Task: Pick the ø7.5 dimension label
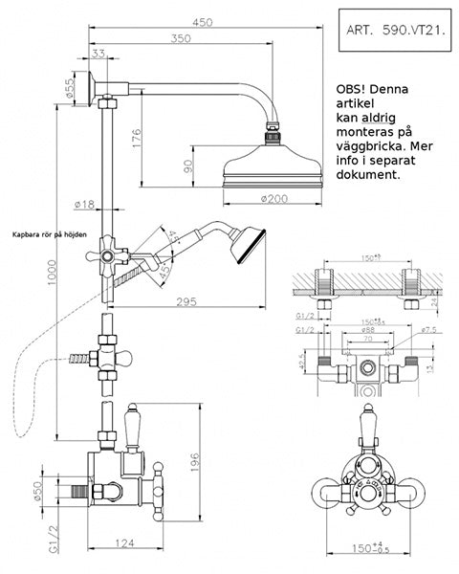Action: tap(429, 330)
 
